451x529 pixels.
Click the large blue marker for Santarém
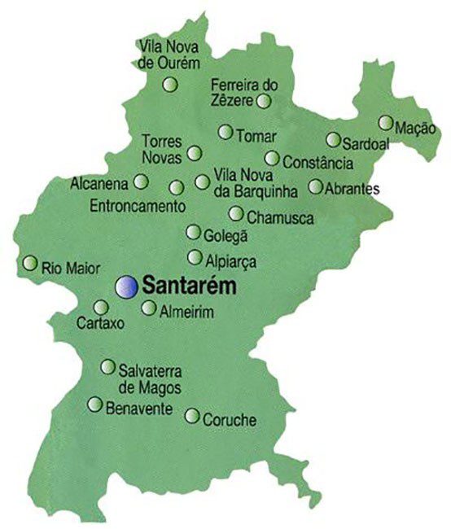pyautogui.click(x=125, y=285)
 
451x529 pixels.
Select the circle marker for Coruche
pyautogui.click(x=192, y=416)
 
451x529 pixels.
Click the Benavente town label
pyautogui.click(x=138, y=407)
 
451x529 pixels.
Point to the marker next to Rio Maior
pyautogui.click(x=30, y=263)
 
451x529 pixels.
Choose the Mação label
pyautogui.click(x=415, y=129)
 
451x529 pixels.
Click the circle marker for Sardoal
pyautogui.click(x=334, y=139)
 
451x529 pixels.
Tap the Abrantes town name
pyautogui.click(x=352, y=188)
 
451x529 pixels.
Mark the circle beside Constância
pyautogui.click(x=272, y=158)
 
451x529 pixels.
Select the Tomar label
pyautogui.click(x=256, y=135)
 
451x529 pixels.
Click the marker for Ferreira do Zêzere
pyautogui.click(x=264, y=101)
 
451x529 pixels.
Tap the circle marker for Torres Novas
pyautogui.click(x=195, y=152)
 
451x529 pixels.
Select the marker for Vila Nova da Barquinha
pyautogui.click(x=201, y=182)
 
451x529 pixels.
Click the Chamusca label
pyautogui.click(x=274, y=216)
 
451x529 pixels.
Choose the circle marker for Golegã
pyautogui.click(x=193, y=233)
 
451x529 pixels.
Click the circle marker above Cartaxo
pyautogui.click(x=101, y=307)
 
